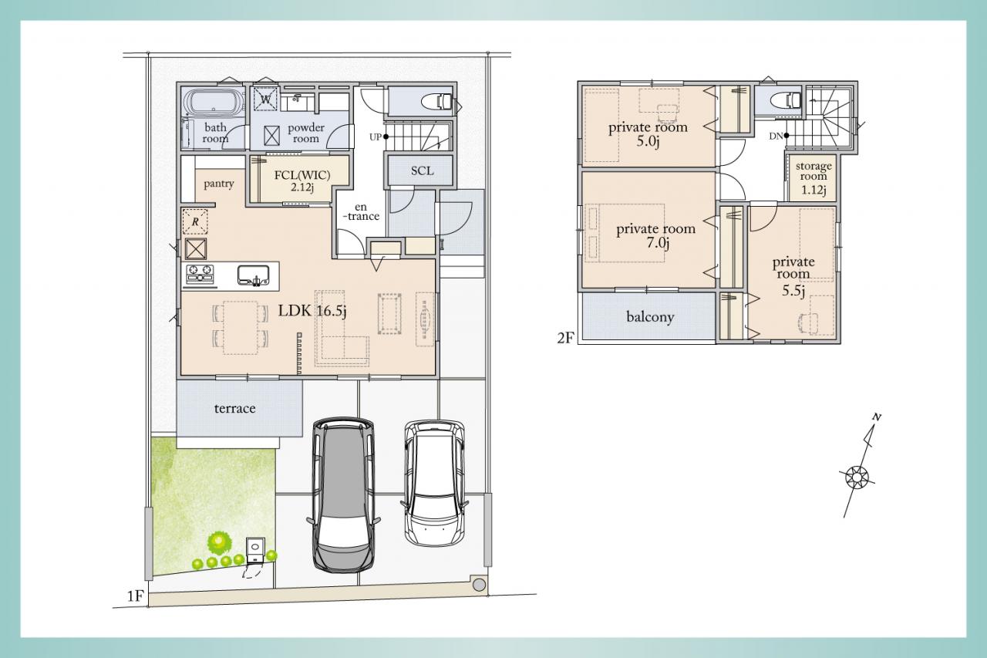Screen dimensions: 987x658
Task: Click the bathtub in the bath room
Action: (214, 103)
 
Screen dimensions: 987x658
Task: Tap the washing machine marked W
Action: (266, 99)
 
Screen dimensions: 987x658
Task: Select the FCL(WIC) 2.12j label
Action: (302, 181)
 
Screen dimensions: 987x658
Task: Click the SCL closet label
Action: (422, 170)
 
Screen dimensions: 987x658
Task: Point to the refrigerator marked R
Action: (195, 221)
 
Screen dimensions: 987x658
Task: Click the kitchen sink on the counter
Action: (254, 275)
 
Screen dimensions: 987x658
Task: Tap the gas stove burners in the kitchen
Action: (200, 273)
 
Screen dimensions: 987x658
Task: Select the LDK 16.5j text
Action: (312, 311)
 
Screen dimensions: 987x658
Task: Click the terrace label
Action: (235, 409)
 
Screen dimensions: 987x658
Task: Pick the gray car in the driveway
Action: (344, 495)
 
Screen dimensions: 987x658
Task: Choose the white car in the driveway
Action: (434, 483)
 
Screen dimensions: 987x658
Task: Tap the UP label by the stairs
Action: (375, 137)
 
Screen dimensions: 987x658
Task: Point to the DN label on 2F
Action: (776, 137)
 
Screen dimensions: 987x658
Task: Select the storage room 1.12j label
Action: (814, 177)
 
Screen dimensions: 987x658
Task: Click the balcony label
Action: (650, 317)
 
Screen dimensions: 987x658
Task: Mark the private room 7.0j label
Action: (656, 236)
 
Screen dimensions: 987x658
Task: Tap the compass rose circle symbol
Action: (857, 477)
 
